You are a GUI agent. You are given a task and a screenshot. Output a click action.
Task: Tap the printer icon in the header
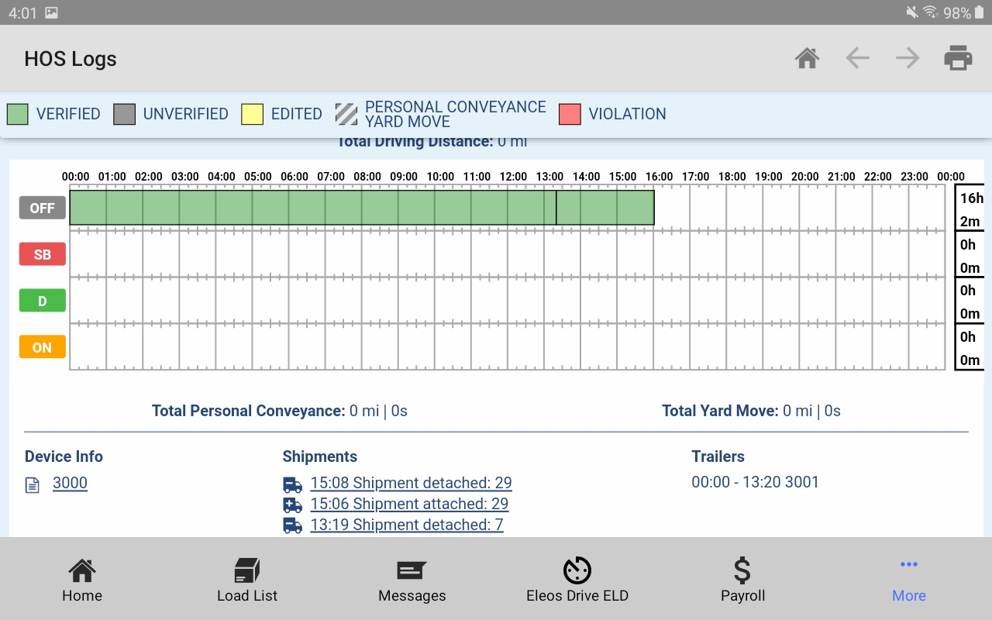point(958,58)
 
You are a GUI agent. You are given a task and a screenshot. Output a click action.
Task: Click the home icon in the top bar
point(807,58)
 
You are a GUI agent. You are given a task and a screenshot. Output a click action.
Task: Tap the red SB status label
point(43,254)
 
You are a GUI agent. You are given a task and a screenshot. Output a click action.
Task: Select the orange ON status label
point(43,347)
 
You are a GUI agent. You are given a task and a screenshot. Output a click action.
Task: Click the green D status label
point(43,301)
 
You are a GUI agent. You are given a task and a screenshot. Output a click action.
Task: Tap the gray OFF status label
point(43,208)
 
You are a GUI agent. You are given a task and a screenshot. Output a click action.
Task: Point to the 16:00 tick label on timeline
point(659,177)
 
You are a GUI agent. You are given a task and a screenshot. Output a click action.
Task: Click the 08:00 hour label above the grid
point(367,177)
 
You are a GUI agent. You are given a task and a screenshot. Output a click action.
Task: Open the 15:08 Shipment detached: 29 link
point(411,483)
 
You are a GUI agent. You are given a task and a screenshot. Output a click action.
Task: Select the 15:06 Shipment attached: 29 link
point(409,504)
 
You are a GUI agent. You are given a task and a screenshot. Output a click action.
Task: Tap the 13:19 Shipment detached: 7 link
point(407,525)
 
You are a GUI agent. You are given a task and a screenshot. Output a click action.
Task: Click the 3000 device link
point(70,483)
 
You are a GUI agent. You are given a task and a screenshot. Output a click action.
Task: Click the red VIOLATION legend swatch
point(570,114)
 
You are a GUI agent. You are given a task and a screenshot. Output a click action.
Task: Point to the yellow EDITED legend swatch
point(253,114)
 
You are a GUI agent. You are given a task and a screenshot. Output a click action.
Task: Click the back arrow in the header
point(857,58)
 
